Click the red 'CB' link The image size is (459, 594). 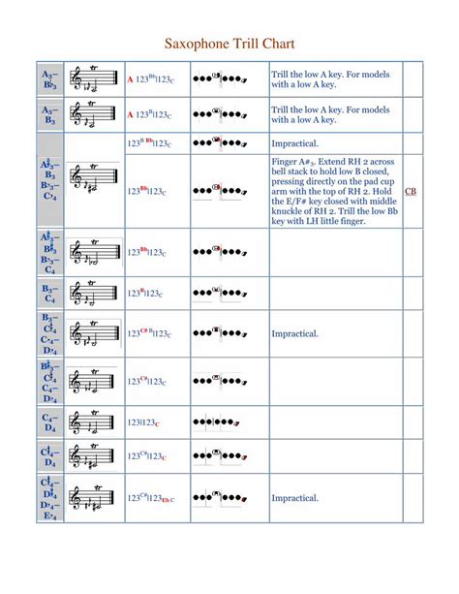coord(411,192)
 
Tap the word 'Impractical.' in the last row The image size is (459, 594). coord(295,498)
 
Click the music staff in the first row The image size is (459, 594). coord(94,79)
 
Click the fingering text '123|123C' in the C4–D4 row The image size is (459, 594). coord(143,422)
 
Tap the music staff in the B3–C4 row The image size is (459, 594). coord(94,293)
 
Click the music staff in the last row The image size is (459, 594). coord(94,498)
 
